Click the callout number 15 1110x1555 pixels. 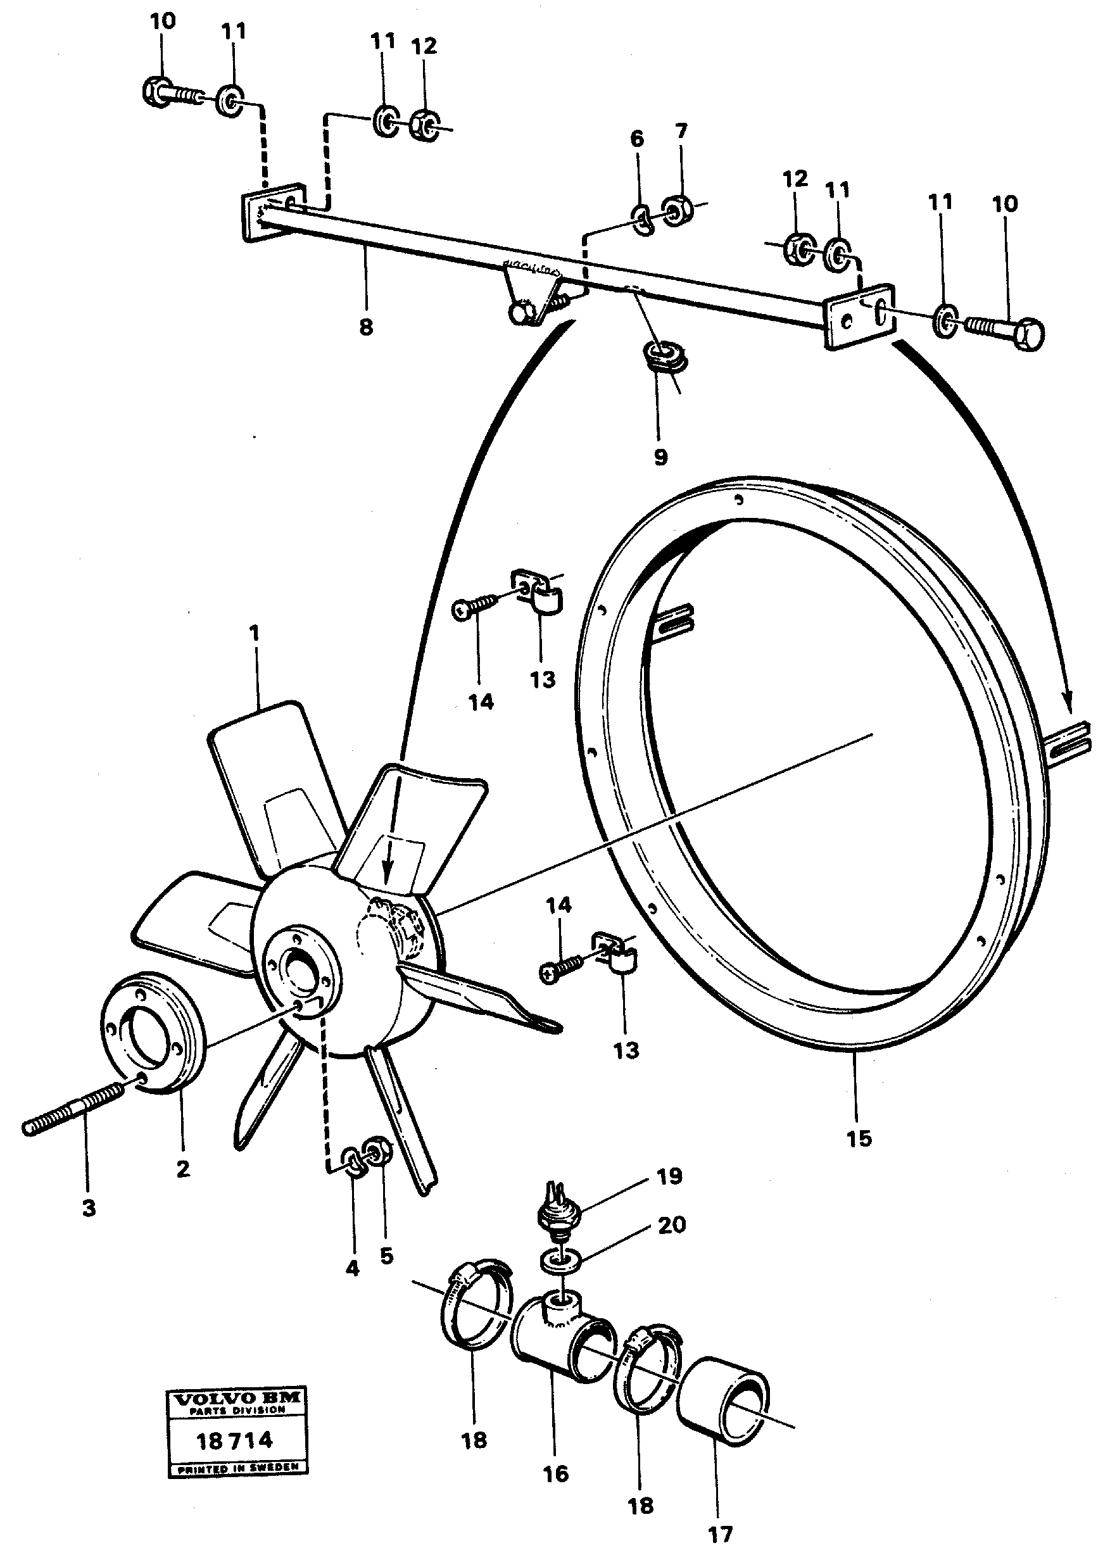[x=859, y=1139]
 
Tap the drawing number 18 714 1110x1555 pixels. [x=234, y=1442]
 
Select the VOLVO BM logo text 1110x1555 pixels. [x=238, y=1399]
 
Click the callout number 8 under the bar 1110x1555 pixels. [x=367, y=327]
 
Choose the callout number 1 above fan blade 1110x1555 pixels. [x=255, y=634]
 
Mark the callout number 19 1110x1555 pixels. [x=669, y=1176]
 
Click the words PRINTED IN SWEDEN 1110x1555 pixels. [x=238, y=1468]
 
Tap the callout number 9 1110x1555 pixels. [x=660, y=457]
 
